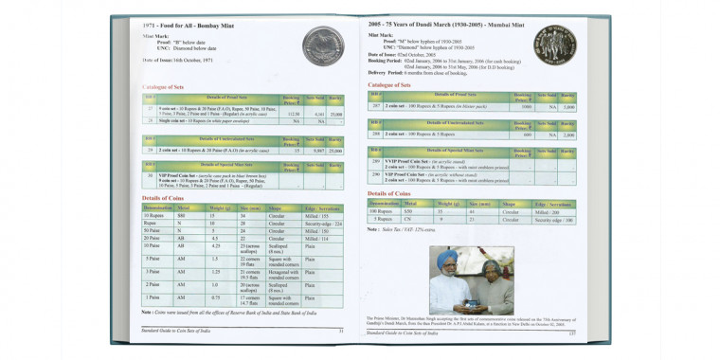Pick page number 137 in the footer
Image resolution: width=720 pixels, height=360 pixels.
click(x=572, y=333)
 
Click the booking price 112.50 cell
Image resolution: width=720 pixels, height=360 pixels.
click(x=294, y=114)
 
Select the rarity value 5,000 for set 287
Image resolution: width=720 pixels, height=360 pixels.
click(x=567, y=107)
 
